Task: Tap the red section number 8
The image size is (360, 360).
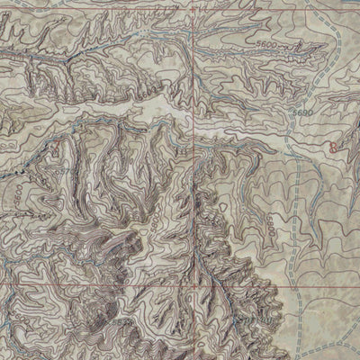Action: pyautogui.click(x=334, y=144)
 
